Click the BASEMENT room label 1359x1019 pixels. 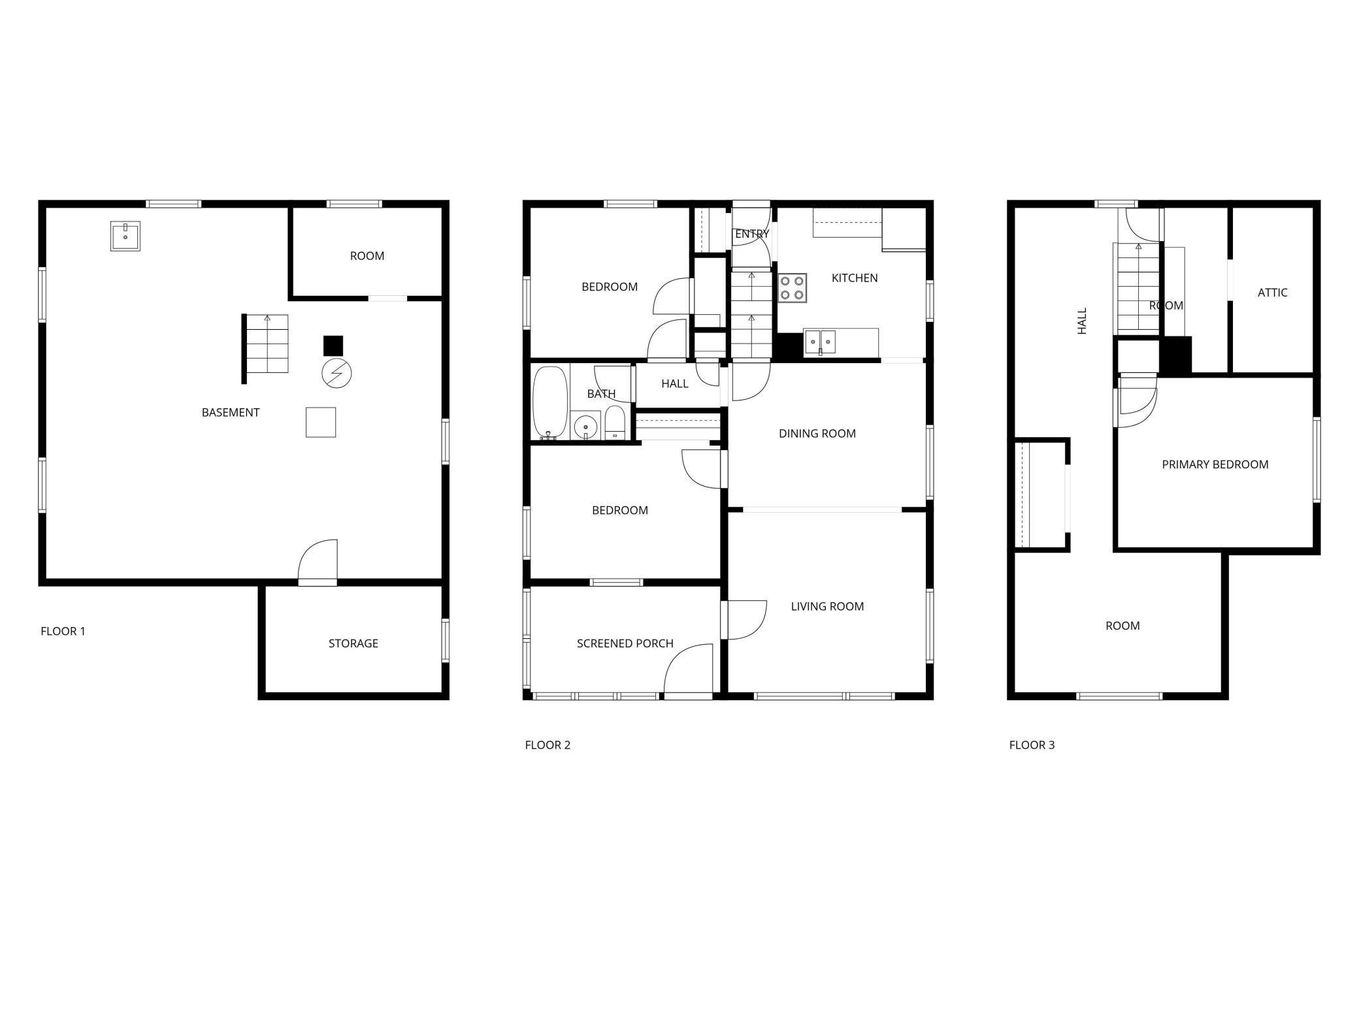[230, 412]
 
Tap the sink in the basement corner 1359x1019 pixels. [125, 236]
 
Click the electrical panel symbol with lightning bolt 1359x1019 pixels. [336, 374]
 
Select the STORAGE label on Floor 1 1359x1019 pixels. [353, 643]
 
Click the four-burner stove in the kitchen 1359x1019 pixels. [792, 288]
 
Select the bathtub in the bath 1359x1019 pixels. [548, 402]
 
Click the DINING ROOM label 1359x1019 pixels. [817, 434]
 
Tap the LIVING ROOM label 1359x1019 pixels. [827, 607]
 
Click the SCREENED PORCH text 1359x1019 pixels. [625, 643]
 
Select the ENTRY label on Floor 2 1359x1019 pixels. [752, 234]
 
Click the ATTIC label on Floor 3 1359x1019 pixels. [1272, 293]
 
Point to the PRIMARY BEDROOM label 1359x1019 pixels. [1215, 464]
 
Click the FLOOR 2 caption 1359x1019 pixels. [548, 745]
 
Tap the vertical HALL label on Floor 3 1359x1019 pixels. [1082, 321]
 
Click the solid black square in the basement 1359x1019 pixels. [333, 346]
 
